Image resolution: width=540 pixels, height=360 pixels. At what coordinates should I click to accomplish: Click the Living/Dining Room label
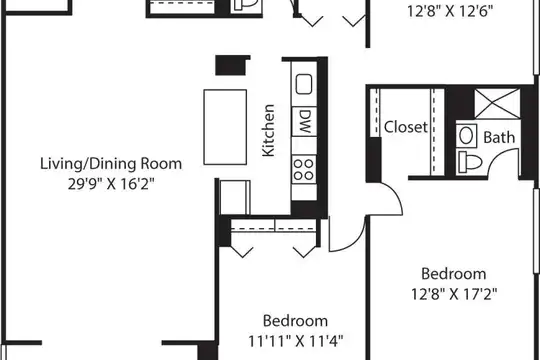pos(111,164)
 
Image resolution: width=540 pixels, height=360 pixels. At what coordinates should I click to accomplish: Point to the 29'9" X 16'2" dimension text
pos(111,184)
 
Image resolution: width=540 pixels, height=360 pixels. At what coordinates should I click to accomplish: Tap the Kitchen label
pos(268,131)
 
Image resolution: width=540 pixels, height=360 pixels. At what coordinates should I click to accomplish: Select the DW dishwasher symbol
pos(304,121)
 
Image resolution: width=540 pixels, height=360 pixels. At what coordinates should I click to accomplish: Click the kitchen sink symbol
pos(304,84)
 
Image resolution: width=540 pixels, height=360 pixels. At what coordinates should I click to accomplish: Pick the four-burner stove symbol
pos(304,169)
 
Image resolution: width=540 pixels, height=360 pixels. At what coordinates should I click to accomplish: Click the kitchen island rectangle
pos(225,127)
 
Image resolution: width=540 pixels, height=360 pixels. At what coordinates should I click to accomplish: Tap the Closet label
pos(406,127)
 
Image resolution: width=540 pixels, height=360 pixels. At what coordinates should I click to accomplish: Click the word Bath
pos(499,137)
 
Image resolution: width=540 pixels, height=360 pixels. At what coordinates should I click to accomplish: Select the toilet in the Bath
pos(470,162)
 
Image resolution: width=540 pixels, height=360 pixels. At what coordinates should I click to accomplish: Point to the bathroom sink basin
pos(466,136)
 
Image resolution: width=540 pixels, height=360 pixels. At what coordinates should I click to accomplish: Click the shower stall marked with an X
pos(497,103)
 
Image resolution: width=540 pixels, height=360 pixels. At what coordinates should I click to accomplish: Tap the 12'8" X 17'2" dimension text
pos(454,294)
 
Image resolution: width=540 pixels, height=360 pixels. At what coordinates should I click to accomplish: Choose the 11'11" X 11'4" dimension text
pos(296,341)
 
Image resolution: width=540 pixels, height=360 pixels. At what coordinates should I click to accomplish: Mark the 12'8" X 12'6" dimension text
pos(450,11)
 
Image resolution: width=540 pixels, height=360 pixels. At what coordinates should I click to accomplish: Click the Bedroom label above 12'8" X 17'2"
pos(454,274)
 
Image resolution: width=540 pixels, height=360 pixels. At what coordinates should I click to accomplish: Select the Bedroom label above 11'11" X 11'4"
pos(295,321)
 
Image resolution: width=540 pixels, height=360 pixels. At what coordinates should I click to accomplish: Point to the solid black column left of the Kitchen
pos(232,65)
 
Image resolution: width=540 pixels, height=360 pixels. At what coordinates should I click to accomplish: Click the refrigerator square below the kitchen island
pos(235,197)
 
